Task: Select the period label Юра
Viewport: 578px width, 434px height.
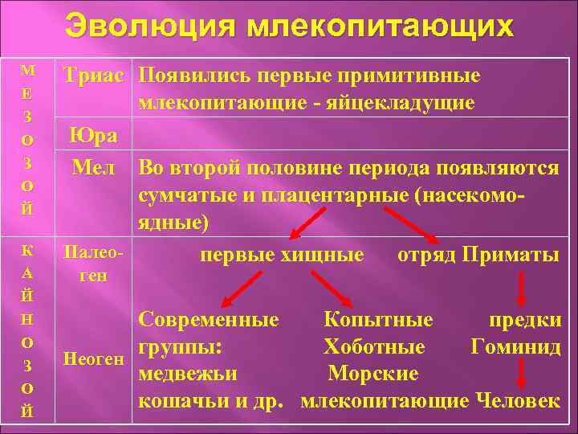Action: (94, 136)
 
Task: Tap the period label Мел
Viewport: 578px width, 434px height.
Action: (94, 168)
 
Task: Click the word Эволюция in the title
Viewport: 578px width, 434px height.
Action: (150, 26)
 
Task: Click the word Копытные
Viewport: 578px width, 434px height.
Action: (378, 320)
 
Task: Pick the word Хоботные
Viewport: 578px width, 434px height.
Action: (374, 347)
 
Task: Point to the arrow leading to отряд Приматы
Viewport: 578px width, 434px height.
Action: (413, 225)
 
